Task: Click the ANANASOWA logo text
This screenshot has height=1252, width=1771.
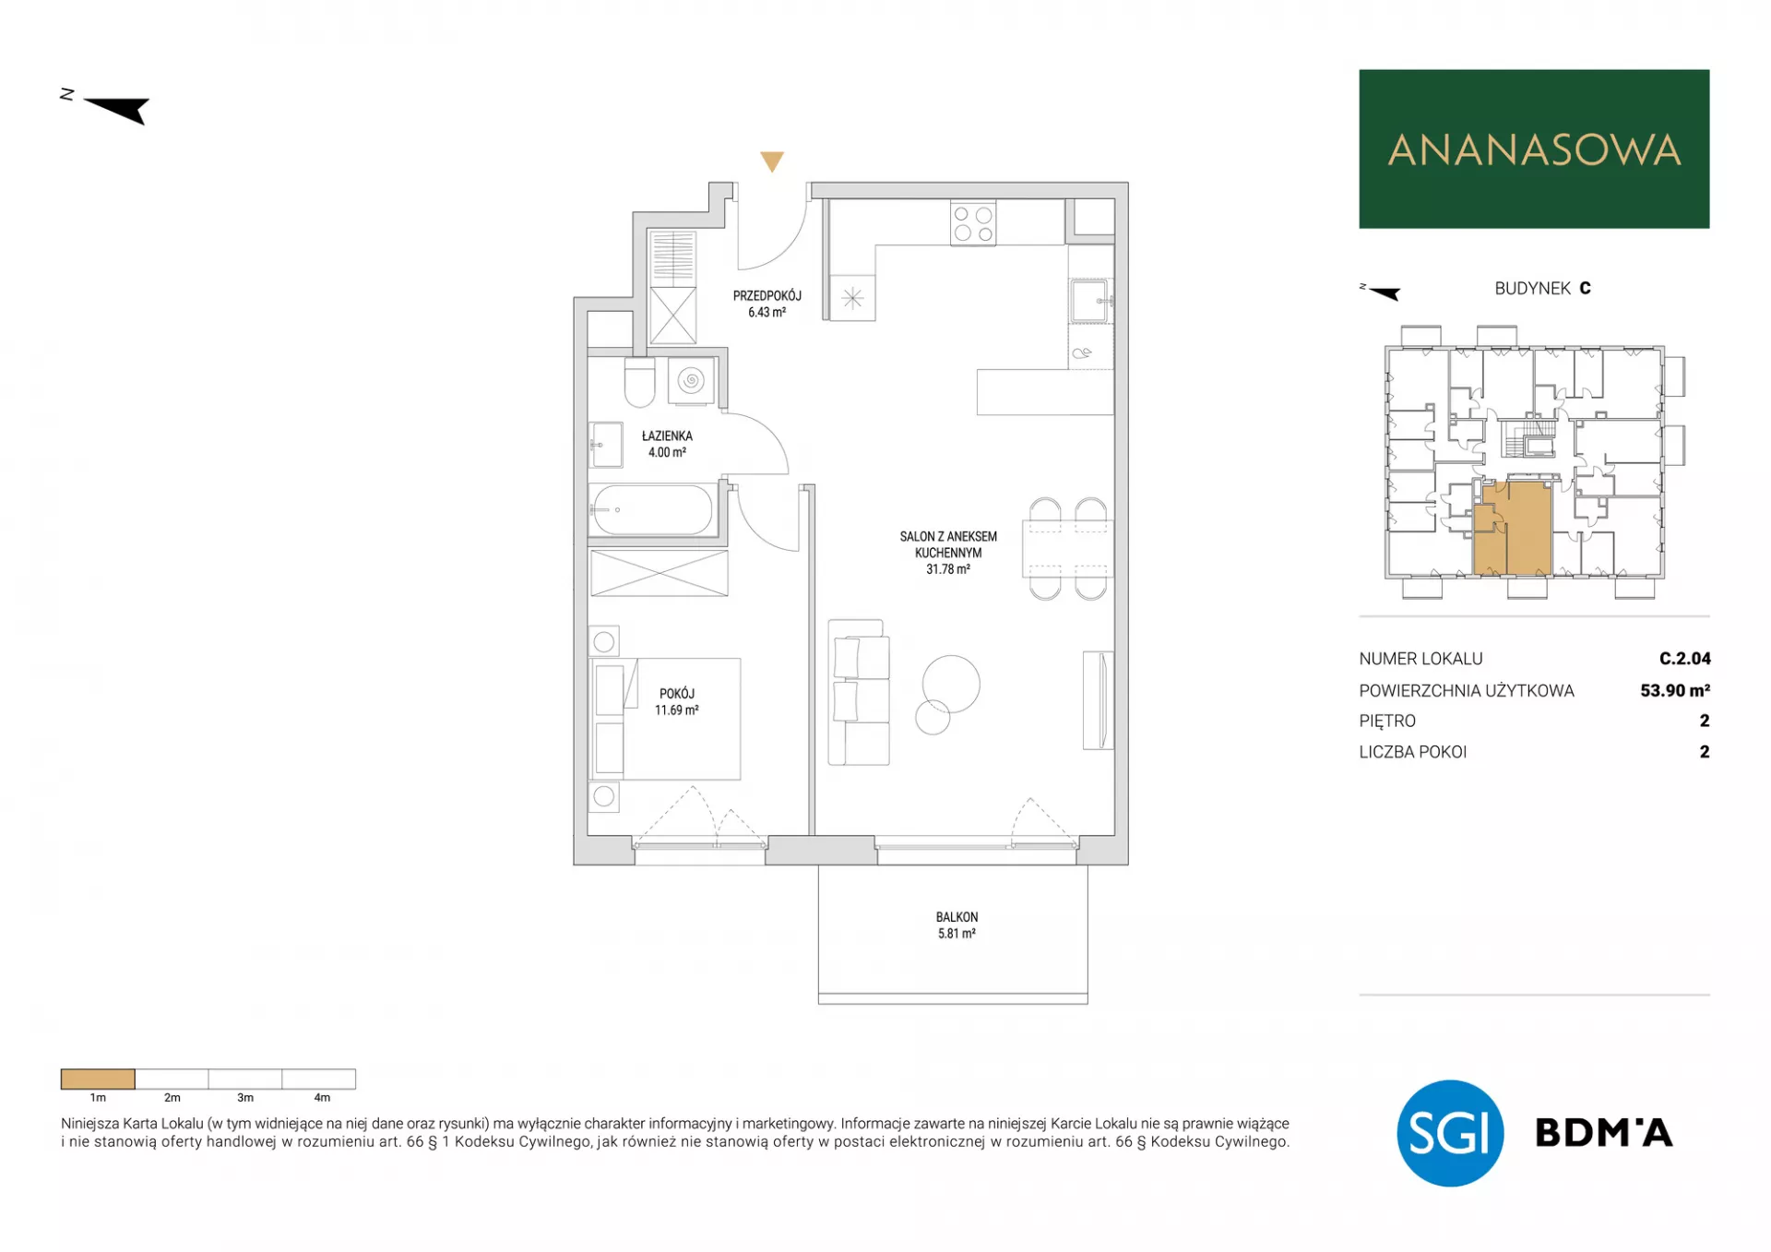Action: pyautogui.click(x=1534, y=150)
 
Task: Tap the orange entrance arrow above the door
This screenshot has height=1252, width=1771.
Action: pyautogui.click(x=772, y=161)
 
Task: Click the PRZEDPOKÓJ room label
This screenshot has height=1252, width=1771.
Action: pyautogui.click(x=767, y=296)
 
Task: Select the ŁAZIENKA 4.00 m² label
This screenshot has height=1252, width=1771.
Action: pyautogui.click(x=667, y=444)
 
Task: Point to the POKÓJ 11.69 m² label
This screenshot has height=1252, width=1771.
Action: pyautogui.click(x=677, y=702)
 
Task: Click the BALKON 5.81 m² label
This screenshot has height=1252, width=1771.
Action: pyautogui.click(x=957, y=925)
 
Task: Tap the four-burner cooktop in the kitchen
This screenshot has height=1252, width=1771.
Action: pyautogui.click(x=973, y=223)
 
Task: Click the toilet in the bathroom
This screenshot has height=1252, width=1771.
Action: pyautogui.click(x=639, y=383)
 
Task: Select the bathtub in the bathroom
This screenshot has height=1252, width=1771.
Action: pyautogui.click(x=652, y=510)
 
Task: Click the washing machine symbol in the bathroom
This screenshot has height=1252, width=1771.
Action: pyautogui.click(x=691, y=380)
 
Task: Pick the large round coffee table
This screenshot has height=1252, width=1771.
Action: pyautogui.click(x=951, y=684)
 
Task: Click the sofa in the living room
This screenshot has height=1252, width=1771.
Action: pyautogui.click(x=859, y=693)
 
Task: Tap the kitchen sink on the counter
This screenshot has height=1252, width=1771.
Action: pyautogui.click(x=1090, y=301)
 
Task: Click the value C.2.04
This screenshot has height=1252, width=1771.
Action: pyautogui.click(x=1684, y=659)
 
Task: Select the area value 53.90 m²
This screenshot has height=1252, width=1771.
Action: pyautogui.click(x=1675, y=690)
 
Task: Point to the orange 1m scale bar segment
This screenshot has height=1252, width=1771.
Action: pyautogui.click(x=98, y=1079)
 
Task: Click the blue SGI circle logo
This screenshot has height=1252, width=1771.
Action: pyautogui.click(x=1450, y=1133)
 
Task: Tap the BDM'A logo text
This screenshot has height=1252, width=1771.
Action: pyautogui.click(x=1603, y=1133)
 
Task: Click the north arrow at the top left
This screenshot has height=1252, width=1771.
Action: pyautogui.click(x=115, y=108)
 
